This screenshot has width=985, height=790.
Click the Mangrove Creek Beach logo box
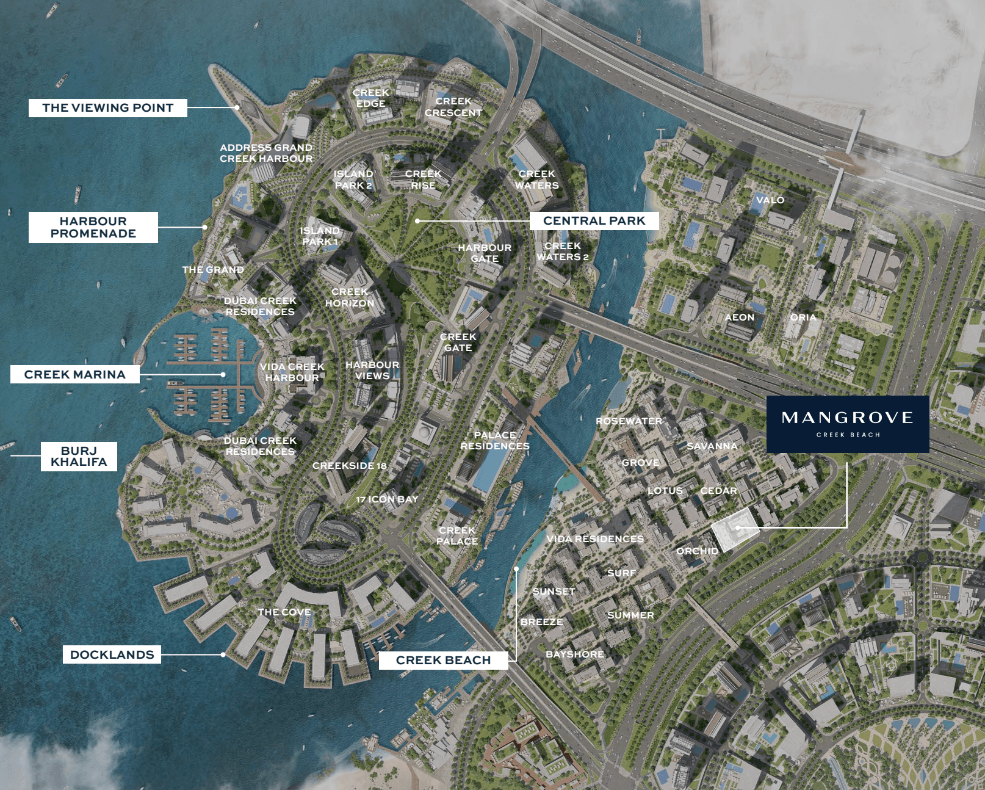[848, 424]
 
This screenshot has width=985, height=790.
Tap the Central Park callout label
[594, 220]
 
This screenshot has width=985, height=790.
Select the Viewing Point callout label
[107, 108]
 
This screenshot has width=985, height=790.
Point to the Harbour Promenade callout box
[93, 228]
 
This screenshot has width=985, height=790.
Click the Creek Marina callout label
[74, 374]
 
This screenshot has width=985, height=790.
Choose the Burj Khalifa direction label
[79, 457]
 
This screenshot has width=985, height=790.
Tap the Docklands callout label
[112, 654]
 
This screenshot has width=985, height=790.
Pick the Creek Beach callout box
[443, 660]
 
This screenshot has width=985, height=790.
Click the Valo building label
[770, 200]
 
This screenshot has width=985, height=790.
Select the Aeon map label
[740, 317]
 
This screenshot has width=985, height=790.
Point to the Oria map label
[803, 317]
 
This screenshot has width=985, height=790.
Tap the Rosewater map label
[629, 421]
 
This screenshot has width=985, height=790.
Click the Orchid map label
[697, 551]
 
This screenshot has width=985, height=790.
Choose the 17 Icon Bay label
[387, 499]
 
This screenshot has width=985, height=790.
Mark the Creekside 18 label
[350, 466]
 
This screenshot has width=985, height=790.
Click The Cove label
[284, 612]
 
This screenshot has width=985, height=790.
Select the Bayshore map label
[574, 654]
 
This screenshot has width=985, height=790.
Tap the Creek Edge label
[371, 98]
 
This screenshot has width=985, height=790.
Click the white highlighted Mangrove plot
[735, 528]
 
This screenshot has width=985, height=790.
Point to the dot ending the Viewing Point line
[237, 107]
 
